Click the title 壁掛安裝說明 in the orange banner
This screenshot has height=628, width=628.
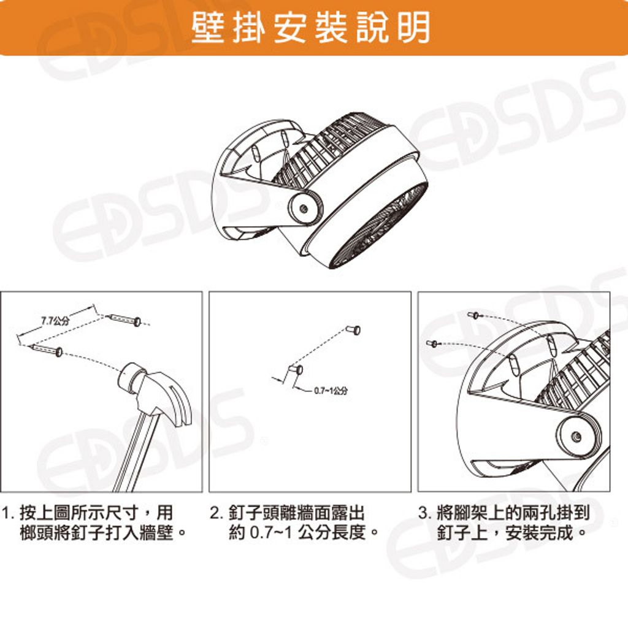click(x=310, y=27)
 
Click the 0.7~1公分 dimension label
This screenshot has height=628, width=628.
click(x=331, y=391)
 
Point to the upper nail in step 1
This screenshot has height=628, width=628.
click(x=124, y=320)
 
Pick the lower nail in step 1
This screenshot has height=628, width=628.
click(x=46, y=350)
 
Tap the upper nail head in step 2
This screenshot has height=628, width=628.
click(x=354, y=330)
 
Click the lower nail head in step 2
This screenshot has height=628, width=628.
click(x=296, y=369)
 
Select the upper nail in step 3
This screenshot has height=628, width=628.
click(x=473, y=315)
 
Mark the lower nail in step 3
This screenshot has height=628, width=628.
click(x=432, y=343)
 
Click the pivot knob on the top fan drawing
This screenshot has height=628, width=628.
click(x=304, y=209)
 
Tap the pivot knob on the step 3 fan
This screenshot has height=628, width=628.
click(x=576, y=436)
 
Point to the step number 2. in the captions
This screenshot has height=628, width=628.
click(x=216, y=513)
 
